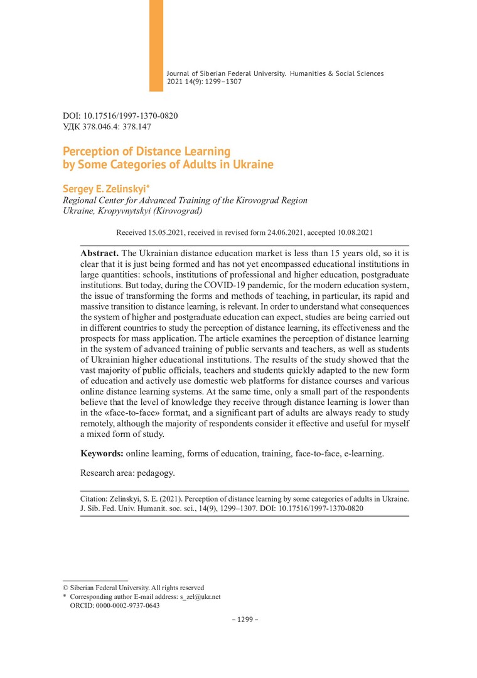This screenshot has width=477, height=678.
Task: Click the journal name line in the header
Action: [x=275, y=73]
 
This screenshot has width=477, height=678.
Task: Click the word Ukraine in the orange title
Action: [x=254, y=165]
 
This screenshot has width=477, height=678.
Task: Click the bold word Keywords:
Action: [x=102, y=453]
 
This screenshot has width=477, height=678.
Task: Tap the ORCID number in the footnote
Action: [x=127, y=606]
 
